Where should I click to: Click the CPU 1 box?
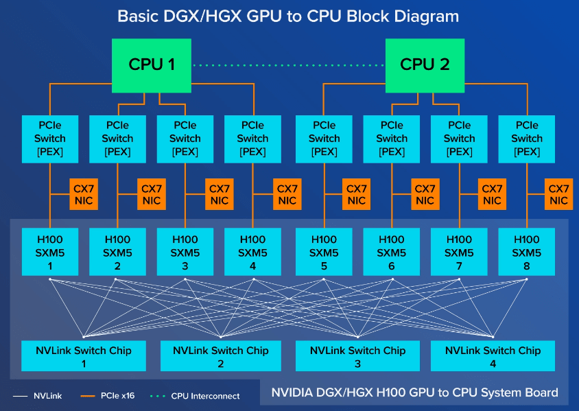coord(152,65)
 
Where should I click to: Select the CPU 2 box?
coord(425,65)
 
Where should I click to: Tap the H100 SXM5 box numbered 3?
coord(185,252)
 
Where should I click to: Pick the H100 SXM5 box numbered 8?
coord(526,252)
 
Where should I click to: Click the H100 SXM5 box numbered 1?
coord(50,252)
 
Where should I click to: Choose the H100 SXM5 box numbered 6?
coord(391,252)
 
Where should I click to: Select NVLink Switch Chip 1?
coord(84,356)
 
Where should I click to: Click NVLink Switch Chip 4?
coord(493,356)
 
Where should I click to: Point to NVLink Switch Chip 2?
coord(221,356)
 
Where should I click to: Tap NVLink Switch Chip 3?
coord(357,356)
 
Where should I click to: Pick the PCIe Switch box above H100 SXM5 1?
coord(50,139)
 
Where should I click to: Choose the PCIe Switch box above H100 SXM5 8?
coord(526,139)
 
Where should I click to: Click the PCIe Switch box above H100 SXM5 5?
coord(324,139)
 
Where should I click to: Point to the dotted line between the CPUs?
coord(288,65)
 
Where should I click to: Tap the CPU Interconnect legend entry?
coord(199,396)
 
